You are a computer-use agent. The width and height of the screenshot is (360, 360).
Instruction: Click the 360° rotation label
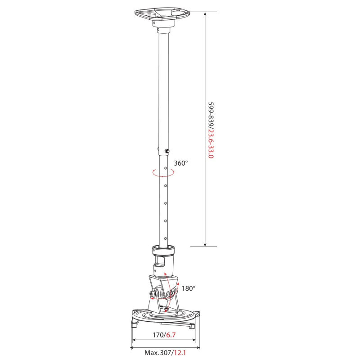click(181, 163)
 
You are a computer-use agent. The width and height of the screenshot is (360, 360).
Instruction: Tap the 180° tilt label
click(189, 288)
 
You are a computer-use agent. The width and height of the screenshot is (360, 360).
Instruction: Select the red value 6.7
click(171, 335)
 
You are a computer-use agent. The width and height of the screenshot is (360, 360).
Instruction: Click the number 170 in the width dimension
click(158, 335)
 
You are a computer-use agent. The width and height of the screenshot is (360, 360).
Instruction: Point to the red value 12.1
click(180, 353)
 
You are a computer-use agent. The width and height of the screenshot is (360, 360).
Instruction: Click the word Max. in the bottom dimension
click(152, 353)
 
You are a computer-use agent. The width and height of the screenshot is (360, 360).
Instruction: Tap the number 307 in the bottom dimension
click(166, 353)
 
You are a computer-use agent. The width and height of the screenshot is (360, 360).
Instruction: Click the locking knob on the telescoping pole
click(167, 151)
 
